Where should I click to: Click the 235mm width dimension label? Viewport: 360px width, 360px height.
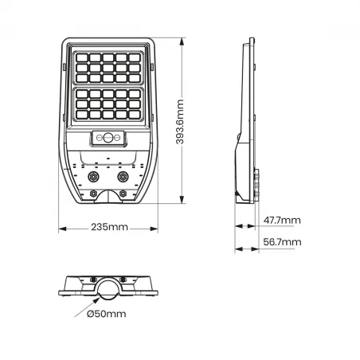coord(110,228)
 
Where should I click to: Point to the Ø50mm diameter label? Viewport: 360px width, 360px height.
coord(106,315)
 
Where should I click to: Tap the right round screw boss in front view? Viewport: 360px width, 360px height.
coord(123,176)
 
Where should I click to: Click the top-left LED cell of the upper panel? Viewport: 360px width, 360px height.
coord(82,57)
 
